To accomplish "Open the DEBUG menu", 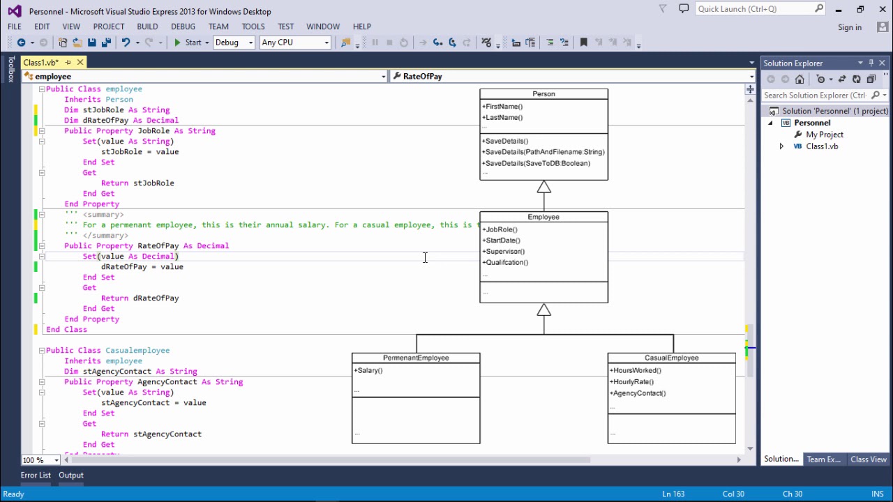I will coord(183,26).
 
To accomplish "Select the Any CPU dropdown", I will coord(294,43).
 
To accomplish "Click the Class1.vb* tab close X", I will coord(80,63).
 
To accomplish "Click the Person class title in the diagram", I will coord(543,94).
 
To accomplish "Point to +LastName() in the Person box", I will coord(502,118).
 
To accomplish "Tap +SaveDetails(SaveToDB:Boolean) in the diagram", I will coord(536,163).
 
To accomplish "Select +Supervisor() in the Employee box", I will coord(504,252).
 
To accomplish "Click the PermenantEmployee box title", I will coord(416,358).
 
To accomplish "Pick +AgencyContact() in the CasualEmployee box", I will coord(638,393).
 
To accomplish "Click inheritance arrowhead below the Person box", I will coord(544,188).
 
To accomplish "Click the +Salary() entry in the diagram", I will coord(368,371).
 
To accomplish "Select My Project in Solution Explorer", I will coord(824,135).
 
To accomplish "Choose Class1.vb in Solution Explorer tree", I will coord(822,146).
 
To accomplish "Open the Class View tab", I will coord(869,459).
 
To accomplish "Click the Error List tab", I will coord(36,476).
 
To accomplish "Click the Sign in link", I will coord(850,27).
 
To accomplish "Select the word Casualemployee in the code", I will coord(137,351).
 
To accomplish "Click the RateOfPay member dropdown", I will coord(572,77).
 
